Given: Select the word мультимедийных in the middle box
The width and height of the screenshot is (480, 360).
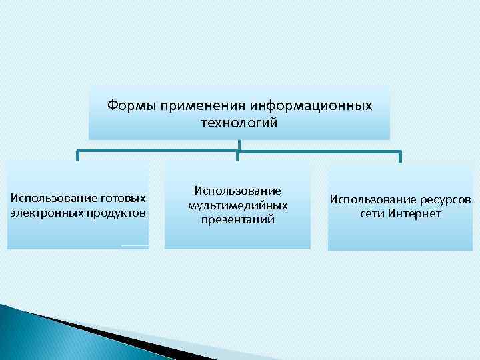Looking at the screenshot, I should coord(238,205).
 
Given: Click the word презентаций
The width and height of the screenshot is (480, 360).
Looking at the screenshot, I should coord(238,219).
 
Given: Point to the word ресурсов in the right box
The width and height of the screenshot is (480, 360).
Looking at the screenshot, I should coord(445,199).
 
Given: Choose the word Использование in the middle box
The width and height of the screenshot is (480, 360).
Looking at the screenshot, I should coord(238,191).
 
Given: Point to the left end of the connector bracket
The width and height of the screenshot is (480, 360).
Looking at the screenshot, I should coord(78,157).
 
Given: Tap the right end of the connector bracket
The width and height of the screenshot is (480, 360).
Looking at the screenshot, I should coord(399,157).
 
